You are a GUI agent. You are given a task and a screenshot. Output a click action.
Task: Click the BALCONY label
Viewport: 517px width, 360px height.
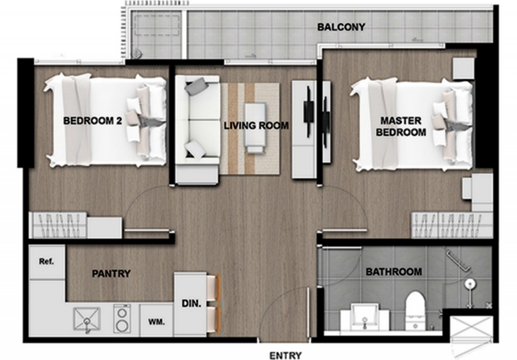(x=341, y=27)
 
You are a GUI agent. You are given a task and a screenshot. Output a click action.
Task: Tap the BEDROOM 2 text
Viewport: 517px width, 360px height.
(x=93, y=121)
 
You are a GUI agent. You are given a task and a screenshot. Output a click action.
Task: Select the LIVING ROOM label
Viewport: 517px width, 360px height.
(x=256, y=126)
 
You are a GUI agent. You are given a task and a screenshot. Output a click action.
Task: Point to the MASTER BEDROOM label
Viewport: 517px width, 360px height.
(x=401, y=126)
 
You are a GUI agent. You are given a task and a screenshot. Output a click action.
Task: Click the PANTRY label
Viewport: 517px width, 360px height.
(x=111, y=274)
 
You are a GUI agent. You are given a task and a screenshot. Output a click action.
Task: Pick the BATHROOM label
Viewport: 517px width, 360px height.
(x=394, y=272)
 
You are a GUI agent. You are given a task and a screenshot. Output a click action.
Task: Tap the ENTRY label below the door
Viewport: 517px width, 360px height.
(x=286, y=355)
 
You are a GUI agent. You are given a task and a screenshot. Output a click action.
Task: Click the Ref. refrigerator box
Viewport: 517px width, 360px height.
(x=46, y=262)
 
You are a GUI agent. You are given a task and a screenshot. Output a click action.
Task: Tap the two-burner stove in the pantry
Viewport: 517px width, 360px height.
(x=122, y=319)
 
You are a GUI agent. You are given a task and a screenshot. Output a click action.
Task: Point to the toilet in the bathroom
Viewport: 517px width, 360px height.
(x=416, y=311)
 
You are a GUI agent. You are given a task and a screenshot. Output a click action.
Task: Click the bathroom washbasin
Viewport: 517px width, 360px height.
(x=365, y=317)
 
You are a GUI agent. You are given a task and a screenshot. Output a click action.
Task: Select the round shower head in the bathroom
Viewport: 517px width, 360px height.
(x=470, y=284)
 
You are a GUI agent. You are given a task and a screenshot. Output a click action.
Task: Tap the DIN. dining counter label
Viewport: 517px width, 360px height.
(x=191, y=303)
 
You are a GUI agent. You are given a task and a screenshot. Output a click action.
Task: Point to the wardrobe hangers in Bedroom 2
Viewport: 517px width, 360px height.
(x=58, y=225)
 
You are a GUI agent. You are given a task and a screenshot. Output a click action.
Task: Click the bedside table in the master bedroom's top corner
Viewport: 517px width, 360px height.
(x=463, y=69)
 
